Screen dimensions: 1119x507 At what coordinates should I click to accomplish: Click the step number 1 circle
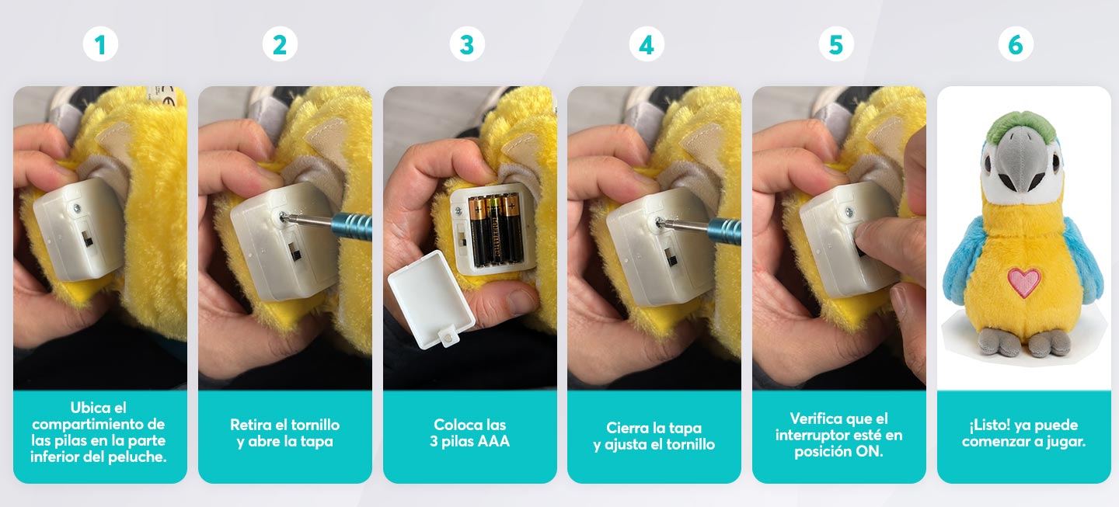100,44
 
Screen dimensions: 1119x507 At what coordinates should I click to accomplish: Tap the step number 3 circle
467,44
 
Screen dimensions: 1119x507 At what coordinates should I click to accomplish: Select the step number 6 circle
1016,44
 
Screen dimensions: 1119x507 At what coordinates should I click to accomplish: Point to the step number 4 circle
647,44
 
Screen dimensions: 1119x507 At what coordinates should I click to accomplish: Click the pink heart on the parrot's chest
1023,283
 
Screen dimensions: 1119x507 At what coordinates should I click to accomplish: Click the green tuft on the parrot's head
1020,125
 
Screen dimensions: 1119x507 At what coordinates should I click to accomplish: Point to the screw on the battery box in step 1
77,208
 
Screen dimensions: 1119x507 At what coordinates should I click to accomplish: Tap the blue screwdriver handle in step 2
352,226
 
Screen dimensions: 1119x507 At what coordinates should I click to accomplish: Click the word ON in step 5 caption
870,452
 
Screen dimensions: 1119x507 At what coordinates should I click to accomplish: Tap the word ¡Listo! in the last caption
990,425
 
